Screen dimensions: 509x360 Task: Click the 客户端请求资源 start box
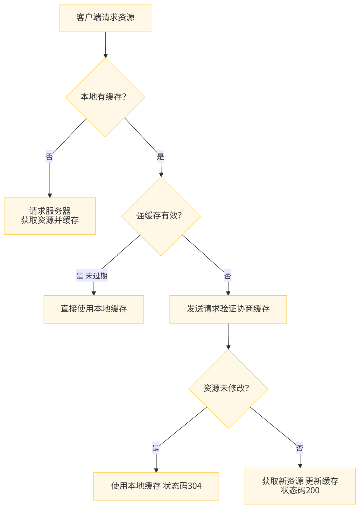coord(105,18)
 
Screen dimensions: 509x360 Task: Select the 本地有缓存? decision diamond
coord(105,97)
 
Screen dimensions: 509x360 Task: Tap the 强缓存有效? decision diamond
coord(161,216)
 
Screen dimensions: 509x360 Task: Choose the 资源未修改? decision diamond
coord(228,389)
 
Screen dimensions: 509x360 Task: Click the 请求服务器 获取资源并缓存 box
coord(50,216)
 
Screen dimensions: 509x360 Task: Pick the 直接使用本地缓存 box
coord(94,309)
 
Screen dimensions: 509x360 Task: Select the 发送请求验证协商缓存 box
coord(228,309)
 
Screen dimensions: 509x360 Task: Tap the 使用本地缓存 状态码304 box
coord(156,486)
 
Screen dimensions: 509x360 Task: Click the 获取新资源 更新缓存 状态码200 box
coord(300,486)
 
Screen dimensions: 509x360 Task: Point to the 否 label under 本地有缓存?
coord(49,157)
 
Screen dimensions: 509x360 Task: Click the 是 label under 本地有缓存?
coord(160,157)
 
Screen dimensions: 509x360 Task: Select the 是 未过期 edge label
coord(92,276)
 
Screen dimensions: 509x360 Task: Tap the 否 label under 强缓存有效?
coord(227,276)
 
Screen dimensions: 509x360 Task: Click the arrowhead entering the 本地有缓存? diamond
coord(106,55)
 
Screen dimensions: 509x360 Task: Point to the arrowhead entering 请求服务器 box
coord(50,195)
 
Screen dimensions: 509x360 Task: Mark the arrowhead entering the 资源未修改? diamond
coord(228,347)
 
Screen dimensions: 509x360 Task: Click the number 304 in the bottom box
coord(195,486)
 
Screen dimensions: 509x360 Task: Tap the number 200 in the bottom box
coord(313,491)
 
